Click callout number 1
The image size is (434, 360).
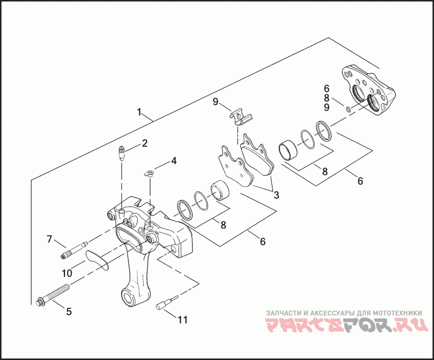[139, 112]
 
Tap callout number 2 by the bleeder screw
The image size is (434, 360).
[144, 143]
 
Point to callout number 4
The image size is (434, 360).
[174, 161]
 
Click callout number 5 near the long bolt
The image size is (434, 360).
[69, 311]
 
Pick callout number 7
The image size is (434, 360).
[49, 238]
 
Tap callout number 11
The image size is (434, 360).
[183, 320]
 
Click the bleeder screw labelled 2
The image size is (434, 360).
[122, 153]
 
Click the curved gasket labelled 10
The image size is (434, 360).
[98, 257]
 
